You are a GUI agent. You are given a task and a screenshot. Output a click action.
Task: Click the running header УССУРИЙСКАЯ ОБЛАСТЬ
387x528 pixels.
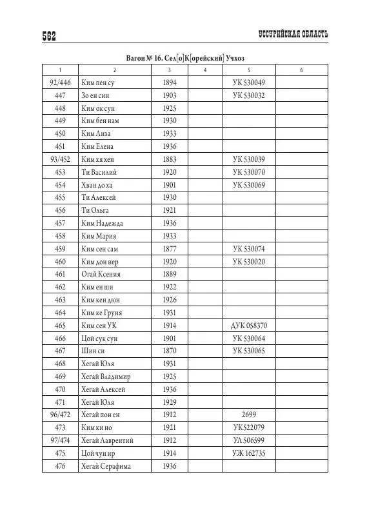291,34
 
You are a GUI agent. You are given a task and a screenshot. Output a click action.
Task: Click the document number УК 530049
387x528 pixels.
253,83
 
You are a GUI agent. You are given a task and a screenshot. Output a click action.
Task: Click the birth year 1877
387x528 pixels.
170,249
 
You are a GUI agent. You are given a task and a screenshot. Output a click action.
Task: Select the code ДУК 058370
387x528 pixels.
253,326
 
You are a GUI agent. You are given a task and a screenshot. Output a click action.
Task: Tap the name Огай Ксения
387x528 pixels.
101,274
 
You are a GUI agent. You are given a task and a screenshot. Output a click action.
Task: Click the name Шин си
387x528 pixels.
92,351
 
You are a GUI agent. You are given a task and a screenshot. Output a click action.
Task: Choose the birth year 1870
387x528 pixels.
170,351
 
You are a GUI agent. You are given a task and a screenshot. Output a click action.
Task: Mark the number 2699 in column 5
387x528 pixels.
253,415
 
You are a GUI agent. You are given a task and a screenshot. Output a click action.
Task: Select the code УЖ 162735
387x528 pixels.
253,453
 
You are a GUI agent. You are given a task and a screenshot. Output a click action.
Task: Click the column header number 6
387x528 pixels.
301,70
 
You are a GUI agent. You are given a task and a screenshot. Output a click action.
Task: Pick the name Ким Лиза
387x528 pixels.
95,133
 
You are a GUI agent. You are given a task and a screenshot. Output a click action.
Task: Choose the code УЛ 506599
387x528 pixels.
253,440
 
